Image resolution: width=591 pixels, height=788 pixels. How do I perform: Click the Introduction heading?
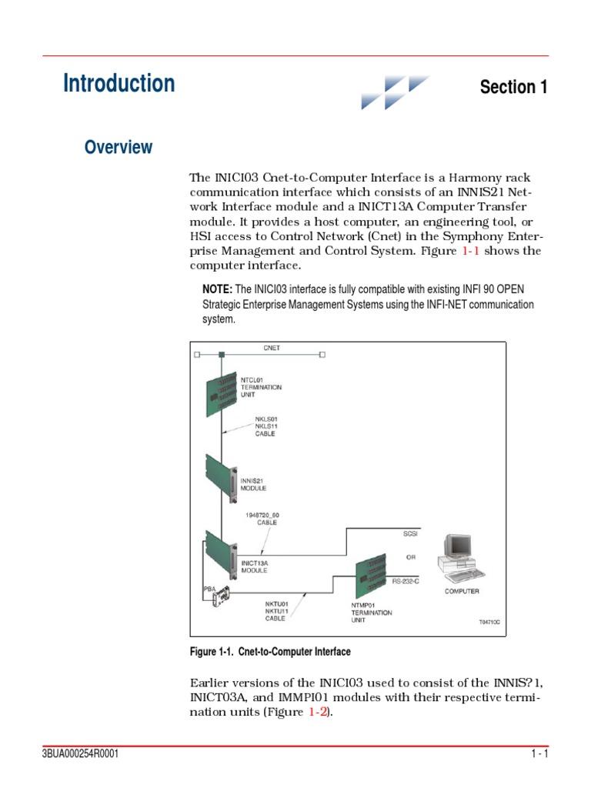119,83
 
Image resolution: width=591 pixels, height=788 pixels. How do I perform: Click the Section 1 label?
513,87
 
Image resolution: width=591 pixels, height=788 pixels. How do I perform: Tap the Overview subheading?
119,147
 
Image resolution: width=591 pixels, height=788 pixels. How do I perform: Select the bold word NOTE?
217,289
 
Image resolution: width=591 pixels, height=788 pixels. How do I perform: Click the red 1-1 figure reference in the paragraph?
489,251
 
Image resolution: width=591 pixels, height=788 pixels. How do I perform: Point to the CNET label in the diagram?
272,348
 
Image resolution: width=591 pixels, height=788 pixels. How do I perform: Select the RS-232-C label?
406,582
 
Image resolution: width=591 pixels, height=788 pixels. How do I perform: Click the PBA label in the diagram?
209,589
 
